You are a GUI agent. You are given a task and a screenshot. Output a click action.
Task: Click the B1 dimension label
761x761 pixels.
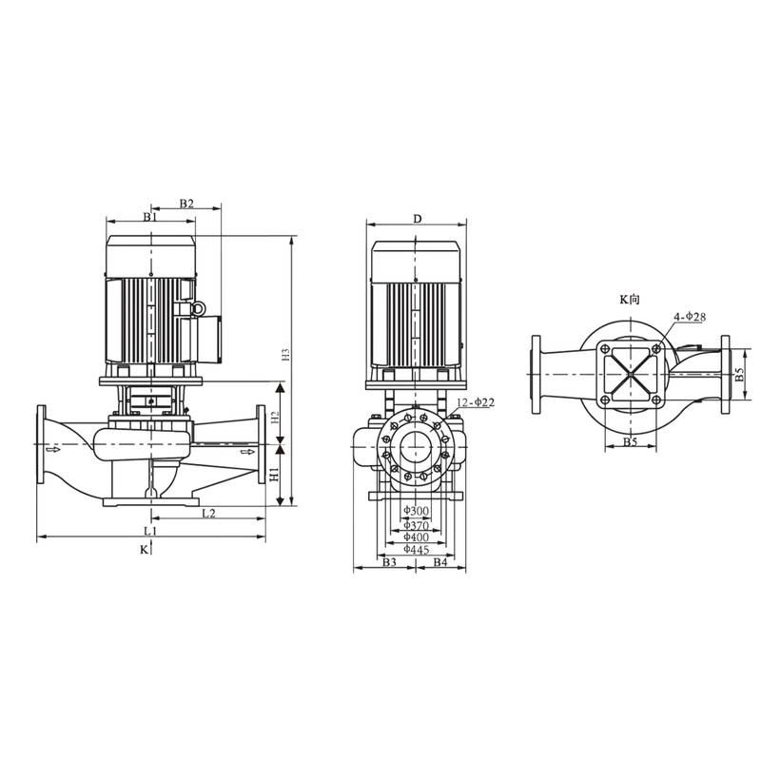click(149, 218)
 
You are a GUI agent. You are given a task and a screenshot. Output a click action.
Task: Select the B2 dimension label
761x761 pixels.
click(186, 204)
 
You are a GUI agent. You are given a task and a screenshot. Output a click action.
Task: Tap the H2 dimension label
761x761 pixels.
click(273, 417)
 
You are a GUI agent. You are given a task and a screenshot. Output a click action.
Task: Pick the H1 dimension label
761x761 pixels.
click(273, 474)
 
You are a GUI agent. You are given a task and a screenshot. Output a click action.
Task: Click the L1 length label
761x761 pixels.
click(149, 530)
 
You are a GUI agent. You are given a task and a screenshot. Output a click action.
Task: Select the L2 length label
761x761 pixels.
click(208, 514)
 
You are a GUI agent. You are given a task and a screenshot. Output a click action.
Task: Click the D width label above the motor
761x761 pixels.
click(417, 219)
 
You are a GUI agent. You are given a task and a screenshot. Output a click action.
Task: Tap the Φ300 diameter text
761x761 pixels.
click(417, 512)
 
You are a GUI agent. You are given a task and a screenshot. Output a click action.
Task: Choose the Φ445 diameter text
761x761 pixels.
click(417, 549)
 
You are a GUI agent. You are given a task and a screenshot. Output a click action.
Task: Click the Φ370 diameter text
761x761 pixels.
click(417, 525)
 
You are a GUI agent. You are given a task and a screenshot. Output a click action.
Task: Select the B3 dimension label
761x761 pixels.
click(388, 563)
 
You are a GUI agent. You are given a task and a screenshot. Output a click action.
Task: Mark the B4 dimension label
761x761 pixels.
click(440, 563)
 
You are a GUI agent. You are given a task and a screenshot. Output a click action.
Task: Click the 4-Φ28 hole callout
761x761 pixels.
click(690, 316)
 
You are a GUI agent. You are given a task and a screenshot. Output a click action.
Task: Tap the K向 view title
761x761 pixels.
click(630, 299)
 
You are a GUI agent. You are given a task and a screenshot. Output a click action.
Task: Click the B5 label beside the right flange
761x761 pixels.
click(740, 377)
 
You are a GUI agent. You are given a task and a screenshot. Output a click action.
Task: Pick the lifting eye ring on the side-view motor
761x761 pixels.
click(199, 308)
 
